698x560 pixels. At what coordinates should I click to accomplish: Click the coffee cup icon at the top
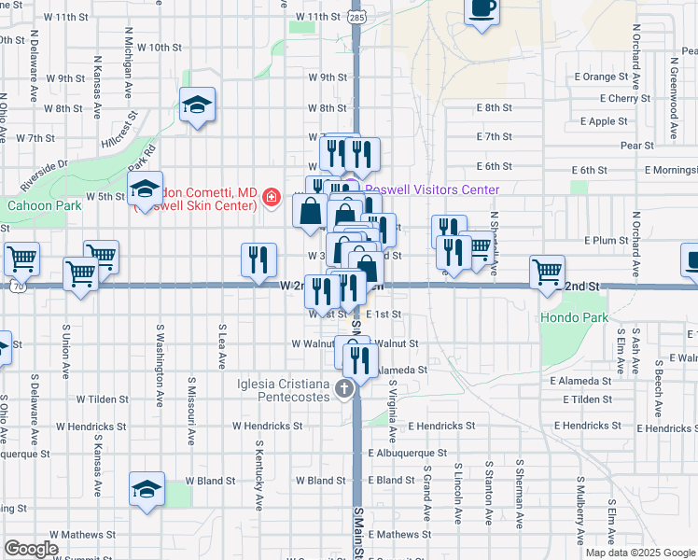pyautogui.click(x=482, y=9)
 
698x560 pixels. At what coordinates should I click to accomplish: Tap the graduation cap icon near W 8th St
pyautogui.click(x=197, y=104)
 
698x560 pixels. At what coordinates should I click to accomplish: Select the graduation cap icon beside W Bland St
pyautogui.click(x=146, y=490)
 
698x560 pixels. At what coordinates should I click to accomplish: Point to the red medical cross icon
pyautogui.click(x=271, y=197)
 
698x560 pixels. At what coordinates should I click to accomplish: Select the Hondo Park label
pyautogui.click(x=574, y=318)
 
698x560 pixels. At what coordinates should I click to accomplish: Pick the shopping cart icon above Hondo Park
pyautogui.click(x=546, y=272)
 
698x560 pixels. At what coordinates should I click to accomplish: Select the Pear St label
pyautogui.click(x=636, y=145)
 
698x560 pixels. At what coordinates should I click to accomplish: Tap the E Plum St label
pyautogui.click(x=607, y=240)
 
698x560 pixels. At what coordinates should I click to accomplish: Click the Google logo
pyautogui.click(x=31, y=548)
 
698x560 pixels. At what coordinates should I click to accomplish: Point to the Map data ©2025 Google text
pyautogui.click(x=639, y=553)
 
